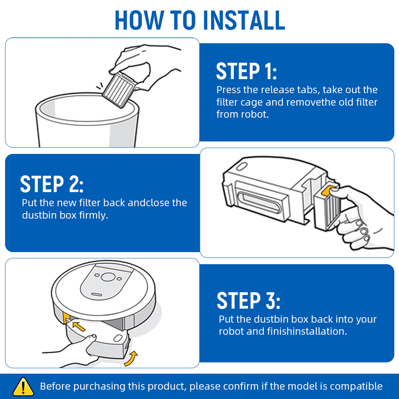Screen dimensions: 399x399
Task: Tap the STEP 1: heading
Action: (246, 71)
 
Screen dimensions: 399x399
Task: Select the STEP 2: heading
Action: (52, 184)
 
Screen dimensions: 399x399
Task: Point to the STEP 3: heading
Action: (248, 300)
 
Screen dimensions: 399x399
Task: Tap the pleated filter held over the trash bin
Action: (118, 90)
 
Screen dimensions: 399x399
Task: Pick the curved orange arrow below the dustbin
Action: (131, 359)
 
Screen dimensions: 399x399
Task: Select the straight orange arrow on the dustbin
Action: (79, 326)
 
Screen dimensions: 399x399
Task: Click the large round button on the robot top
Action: (108, 277)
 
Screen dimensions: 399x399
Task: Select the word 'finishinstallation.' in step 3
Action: (307, 331)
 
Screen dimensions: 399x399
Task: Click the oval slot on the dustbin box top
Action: (242, 166)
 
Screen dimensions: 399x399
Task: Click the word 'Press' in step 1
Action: (228, 90)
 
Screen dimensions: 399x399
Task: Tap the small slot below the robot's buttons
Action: (97, 295)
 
